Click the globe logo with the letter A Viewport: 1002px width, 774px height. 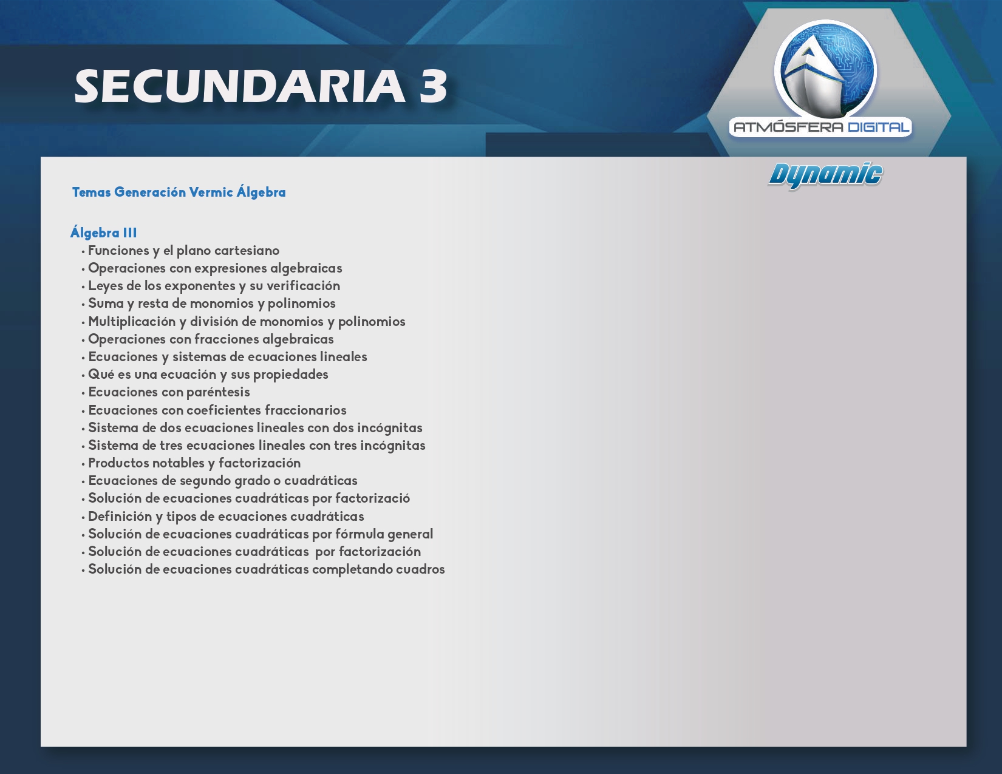[825, 69]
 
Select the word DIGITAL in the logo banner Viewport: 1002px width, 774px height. [878, 127]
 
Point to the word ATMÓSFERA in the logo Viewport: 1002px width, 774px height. [788, 127]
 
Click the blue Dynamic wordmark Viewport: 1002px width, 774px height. [825, 175]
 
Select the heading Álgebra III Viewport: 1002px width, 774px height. [104, 232]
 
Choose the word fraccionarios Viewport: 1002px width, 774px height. [305, 410]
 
